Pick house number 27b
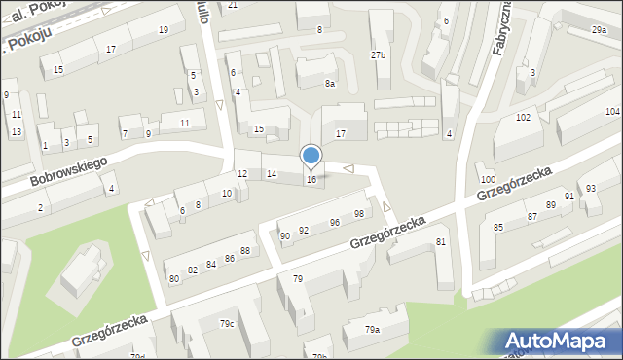pos(378,55)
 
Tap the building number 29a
pos(598,31)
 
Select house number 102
pos(523,117)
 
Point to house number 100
pos(488,180)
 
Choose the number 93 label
pos(591,188)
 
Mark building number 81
pos(441,241)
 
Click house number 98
pos(359,213)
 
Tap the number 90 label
pos(285,235)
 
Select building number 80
pos(174,278)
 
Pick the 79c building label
pos(227,323)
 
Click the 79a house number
pos(372,330)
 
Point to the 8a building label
pos(330,84)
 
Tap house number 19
pos(163,30)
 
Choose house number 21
pos(233,5)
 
